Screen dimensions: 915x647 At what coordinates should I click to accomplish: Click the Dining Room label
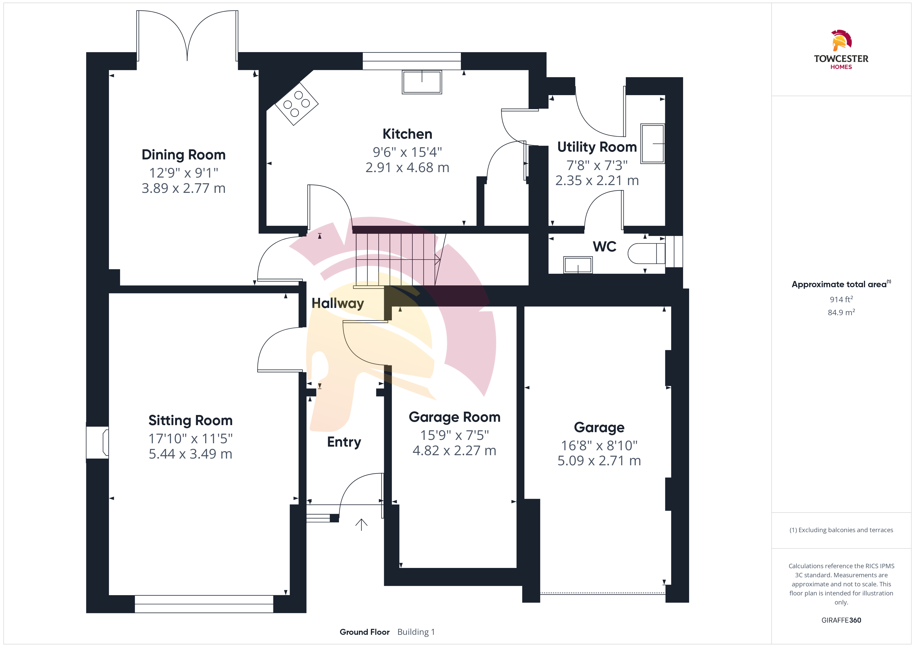click(x=184, y=154)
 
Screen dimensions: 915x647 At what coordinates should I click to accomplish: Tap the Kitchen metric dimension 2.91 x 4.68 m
click(x=407, y=168)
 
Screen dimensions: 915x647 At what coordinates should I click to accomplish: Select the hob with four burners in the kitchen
click(x=296, y=104)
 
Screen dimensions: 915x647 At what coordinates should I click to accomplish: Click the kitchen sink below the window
click(x=422, y=82)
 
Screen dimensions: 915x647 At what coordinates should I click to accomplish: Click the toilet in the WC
click(x=646, y=253)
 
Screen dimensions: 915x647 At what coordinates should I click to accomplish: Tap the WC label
click(x=605, y=247)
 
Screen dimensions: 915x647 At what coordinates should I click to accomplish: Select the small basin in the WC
click(x=578, y=265)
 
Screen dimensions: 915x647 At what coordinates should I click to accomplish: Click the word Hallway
click(x=337, y=304)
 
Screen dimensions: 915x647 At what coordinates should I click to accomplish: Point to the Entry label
click(x=344, y=442)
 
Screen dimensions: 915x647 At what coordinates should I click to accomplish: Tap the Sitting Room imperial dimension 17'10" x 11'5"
click(x=190, y=439)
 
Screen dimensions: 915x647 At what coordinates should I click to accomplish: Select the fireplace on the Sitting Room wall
click(x=98, y=442)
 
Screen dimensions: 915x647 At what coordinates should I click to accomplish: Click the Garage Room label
click(x=455, y=417)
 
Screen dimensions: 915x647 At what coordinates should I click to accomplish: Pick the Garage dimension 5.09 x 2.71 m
click(x=599, y=461)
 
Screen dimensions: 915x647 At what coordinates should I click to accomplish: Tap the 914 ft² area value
click(x=841, y=299)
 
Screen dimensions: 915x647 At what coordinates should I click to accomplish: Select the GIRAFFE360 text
click(x=841, y=620)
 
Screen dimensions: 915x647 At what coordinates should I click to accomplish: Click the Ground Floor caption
click(x=365, y=632)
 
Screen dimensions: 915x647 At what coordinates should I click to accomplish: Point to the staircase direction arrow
click(x=398, y=260)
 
